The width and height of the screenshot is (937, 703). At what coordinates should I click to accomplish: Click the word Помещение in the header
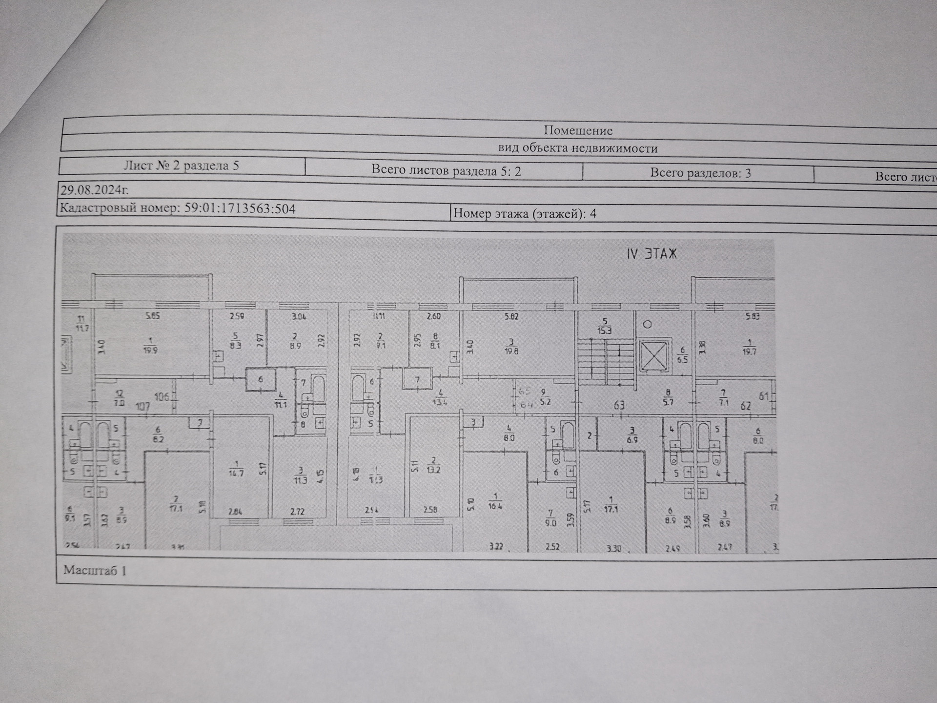578,130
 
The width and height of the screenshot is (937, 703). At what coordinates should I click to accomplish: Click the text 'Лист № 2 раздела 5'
181,165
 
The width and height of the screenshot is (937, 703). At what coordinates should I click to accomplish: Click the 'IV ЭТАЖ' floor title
652,254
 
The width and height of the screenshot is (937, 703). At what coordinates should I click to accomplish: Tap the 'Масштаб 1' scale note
95,570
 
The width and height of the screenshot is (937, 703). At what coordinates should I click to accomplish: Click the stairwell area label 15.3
605,330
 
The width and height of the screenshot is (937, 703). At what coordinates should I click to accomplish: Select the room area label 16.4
495,506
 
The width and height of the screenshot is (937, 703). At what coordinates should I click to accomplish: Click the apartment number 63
619,405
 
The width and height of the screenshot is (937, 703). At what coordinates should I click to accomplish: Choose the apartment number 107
143,406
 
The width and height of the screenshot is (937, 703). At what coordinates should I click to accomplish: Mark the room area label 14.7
236,473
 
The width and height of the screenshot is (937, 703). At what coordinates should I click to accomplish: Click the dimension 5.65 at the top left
153,316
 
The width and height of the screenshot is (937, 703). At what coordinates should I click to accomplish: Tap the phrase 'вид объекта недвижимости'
578,148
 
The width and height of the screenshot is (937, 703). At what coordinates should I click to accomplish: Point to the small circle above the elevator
648,324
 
